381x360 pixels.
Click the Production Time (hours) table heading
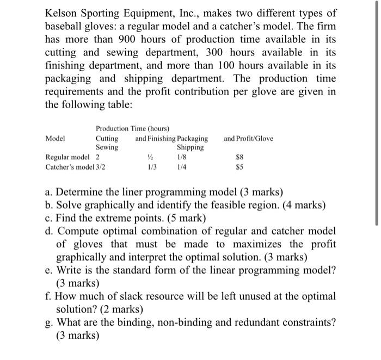pyautogui.click(x=133, y=128)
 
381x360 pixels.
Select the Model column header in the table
pyautogui.click(x=56, y=138)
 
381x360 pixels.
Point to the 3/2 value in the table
pyautogui.click(x=101, y=166)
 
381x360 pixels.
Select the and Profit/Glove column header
pyautogui.click(x=248, y=138)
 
